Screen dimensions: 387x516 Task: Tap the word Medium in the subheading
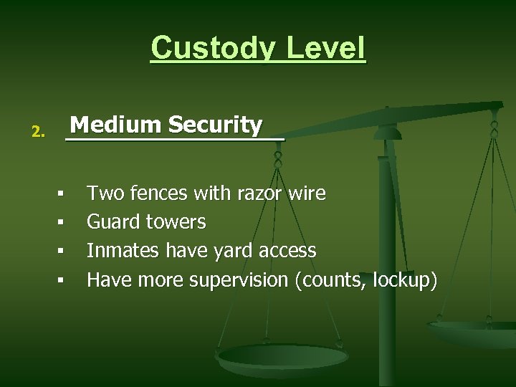pos(115,125)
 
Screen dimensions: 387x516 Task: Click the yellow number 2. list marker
pos(38,132)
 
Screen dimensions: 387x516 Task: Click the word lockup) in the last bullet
pos(403,279)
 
